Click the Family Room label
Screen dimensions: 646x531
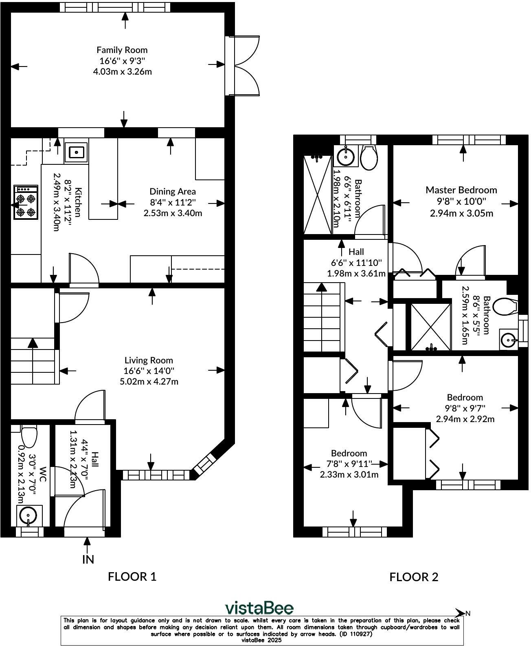click(x=122, y=50)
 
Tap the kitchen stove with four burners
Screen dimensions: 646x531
click(x=26, y=202)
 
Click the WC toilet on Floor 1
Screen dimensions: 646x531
click(x=29, y=436)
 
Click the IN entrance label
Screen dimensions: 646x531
click(x=88, y=559)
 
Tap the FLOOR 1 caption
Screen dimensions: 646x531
click(x=132, y=576)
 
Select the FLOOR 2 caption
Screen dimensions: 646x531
click(x=414, y=577)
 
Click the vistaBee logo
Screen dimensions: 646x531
click(x=259, y=608)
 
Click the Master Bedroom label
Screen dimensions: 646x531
click(x=461, y=190)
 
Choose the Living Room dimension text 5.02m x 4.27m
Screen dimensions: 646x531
click(x=149, y=382)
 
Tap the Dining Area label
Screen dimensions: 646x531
click(x=173, y=191)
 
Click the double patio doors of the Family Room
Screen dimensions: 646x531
click(x=244, y=66)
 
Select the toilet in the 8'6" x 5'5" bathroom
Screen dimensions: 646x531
click(x=505, y=307)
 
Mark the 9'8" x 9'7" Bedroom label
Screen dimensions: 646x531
click(x=465, y=397)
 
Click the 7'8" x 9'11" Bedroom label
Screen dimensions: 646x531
click(x=349, y=453)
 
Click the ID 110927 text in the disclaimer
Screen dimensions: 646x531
click(x=355, y=634)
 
